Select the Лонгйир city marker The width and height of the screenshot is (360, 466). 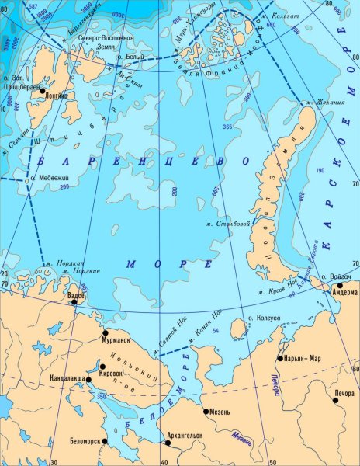pyautogui.click(x=42, y=92)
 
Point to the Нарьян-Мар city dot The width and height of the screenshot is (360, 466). pyautogui.click(x=280, y=359)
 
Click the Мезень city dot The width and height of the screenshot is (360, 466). pyautogui.click(x=207, y=411)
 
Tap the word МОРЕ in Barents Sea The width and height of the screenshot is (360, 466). pyautogui.click(x=158, y=265)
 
